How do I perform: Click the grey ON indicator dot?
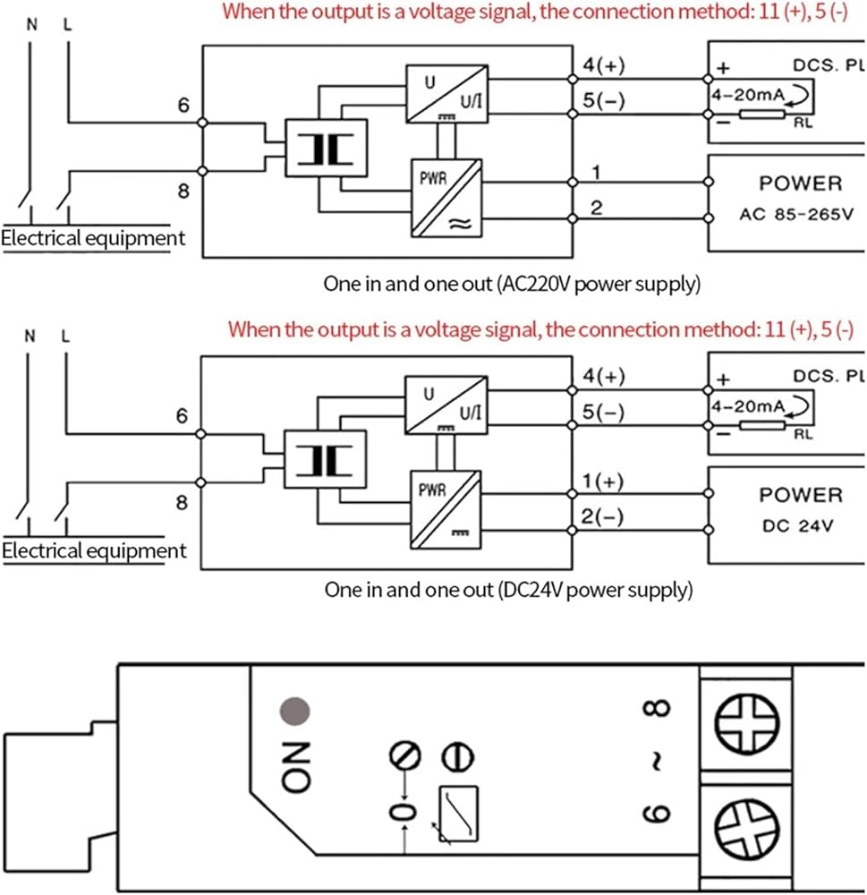[294, 712]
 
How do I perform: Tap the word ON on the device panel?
[296, 767]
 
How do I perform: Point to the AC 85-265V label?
[796, 215]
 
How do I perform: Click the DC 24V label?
[797, 525]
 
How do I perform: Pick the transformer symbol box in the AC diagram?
[326, 148]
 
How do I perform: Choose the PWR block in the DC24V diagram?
[446, 509]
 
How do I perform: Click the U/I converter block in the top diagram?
[446, 94]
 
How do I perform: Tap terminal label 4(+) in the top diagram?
[603, 65]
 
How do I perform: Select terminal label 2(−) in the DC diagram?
[602, 516]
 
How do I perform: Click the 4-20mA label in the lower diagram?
[748, 406]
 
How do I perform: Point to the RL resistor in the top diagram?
[762, 115]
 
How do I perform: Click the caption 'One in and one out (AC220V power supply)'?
[512, 285]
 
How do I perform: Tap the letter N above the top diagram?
[32, 24]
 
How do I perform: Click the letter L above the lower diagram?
[65, 337]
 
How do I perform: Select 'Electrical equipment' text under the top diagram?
[93, 238]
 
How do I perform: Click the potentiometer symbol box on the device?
[458, 814]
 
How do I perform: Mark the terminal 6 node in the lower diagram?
[200, 434]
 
